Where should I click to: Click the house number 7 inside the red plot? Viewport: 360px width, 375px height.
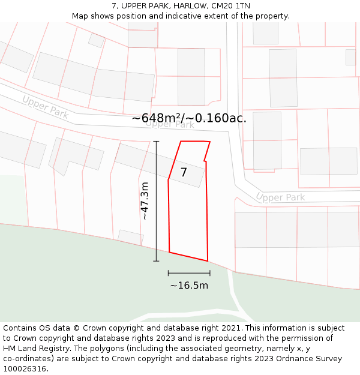click(x=184, y=173)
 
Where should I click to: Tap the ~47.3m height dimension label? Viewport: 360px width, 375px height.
click(x=145, y=201)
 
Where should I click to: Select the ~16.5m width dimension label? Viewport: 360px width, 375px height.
click(x=189, y=286)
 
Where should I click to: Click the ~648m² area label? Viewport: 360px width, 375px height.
click(x=157, y=118)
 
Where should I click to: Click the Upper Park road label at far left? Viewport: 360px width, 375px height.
click(x=45, y=106)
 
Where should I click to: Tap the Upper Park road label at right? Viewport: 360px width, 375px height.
click(x=280, y=197)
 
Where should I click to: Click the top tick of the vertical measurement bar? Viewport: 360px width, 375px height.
click(x=156, y=142)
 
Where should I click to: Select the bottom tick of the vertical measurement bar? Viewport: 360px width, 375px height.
click(x=156, y=261)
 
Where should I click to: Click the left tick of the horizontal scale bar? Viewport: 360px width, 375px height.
click(x=169, y=273)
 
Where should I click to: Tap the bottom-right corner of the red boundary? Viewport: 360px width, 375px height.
click(x=208, y=261)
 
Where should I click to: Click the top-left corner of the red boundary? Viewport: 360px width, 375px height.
click(x=181, y=142)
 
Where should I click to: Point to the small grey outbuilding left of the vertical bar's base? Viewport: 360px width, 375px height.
click(x=130, y=238)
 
